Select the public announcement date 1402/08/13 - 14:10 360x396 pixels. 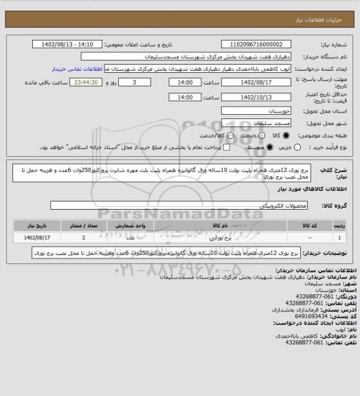67,44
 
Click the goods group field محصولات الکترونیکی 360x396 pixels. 179,206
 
